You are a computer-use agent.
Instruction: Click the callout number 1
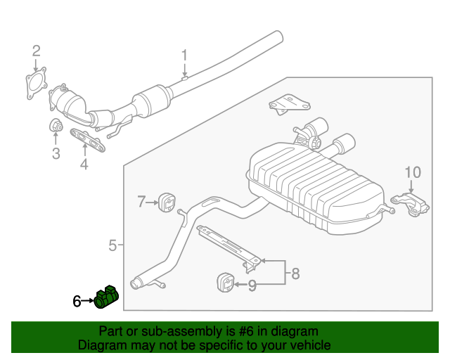pyautogui.click(x=185, y=55)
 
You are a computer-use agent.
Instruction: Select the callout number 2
pyautogui.click(x=36, y=50)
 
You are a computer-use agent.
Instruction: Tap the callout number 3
pyautogui.click(x=56, y=154)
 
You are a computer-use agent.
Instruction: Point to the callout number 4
pyautogui.click(x=84, y=165)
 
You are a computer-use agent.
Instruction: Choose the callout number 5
pyautogui.click(x=112, y=245)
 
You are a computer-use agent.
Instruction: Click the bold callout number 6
pyautogui.click(x=77, y=301)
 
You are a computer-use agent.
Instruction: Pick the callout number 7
pyautogui.click(x=141, y=202)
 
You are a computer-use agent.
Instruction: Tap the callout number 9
pyautogui.click(x=252, y=285)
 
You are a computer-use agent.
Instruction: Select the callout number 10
pyautogui.click(x=412, y=172)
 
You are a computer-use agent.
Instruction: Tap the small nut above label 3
pyautogui.click(x=56, y=127)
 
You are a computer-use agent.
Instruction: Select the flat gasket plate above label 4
pyautogui.click(x=86, y=141)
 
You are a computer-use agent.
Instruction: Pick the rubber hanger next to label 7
pyautogui.click(x=168, y=201)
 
